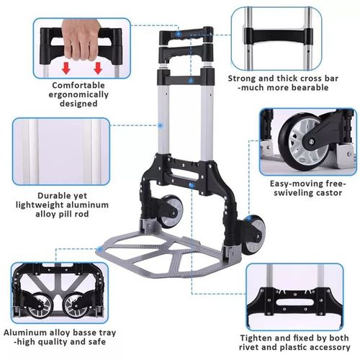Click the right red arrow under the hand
pos(98,68)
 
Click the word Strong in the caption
pos(245,77)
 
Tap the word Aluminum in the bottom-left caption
pos(27,333)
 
